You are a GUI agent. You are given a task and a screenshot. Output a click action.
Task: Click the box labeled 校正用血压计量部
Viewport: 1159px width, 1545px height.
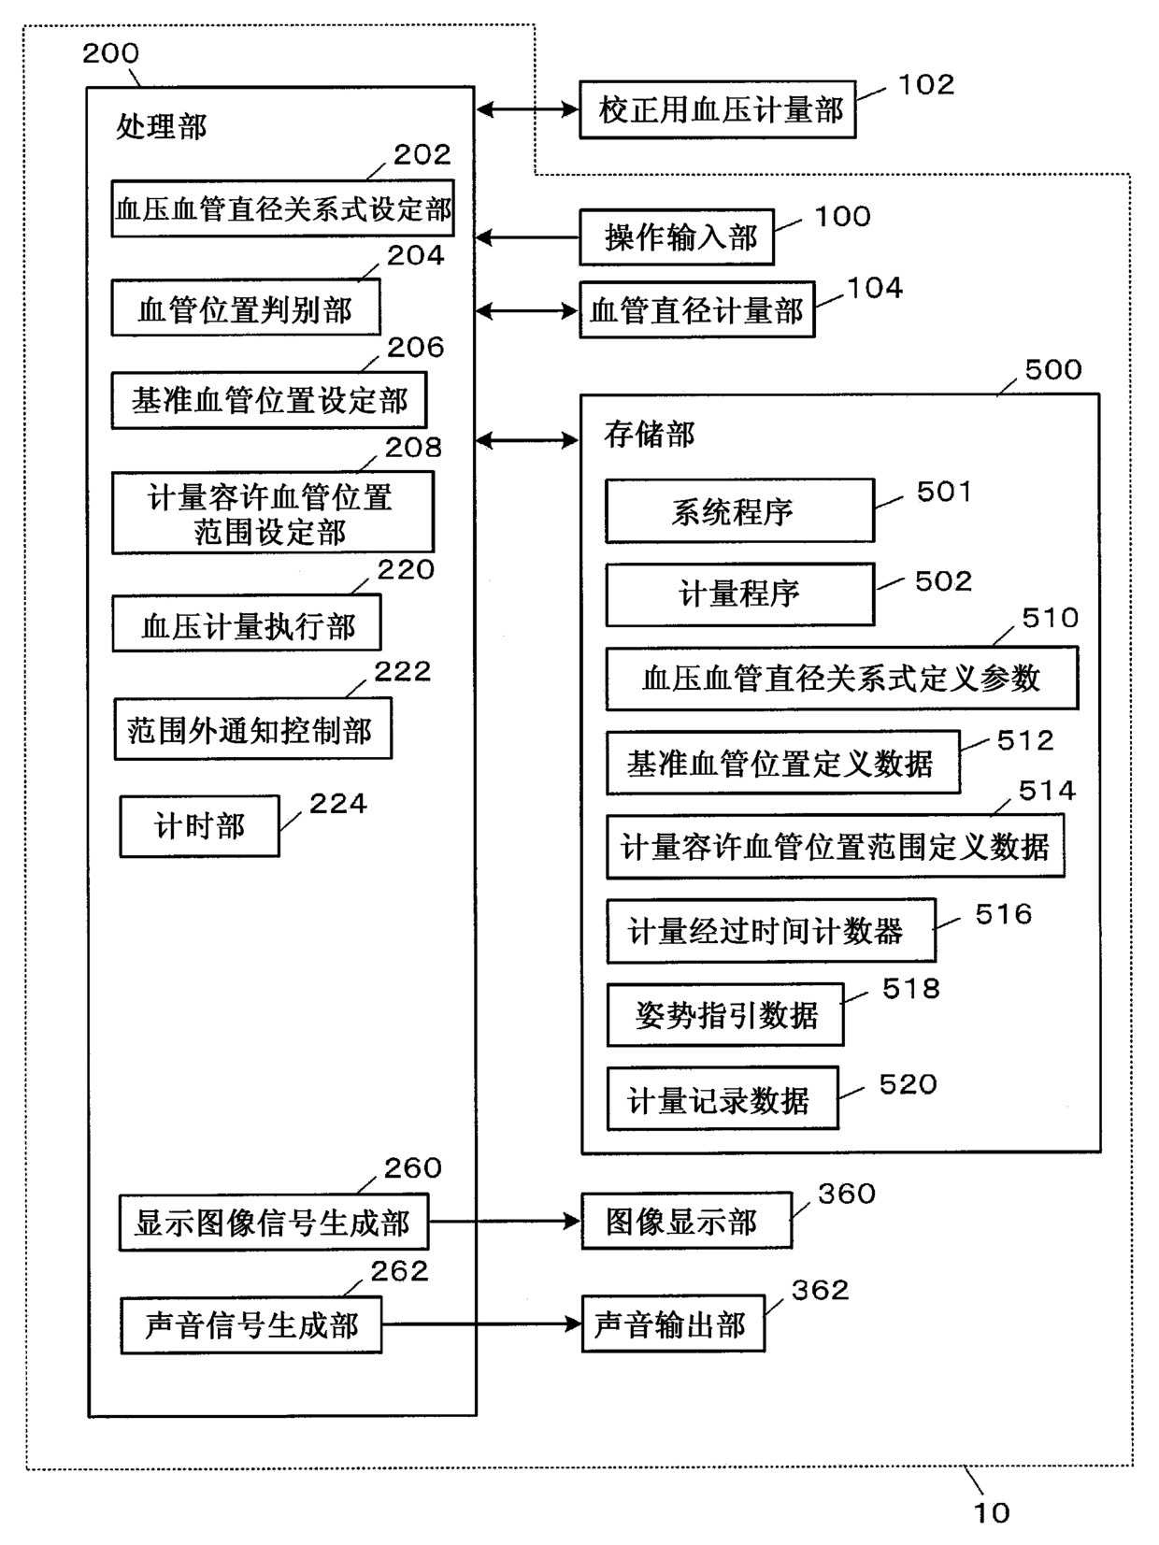[717, 109]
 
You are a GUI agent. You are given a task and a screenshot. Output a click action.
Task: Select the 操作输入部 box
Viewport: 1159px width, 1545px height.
[677, 237]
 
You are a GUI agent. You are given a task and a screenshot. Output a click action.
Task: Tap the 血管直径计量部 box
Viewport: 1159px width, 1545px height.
[696, 309]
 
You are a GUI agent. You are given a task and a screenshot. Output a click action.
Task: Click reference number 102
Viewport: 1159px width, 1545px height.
[926, 84]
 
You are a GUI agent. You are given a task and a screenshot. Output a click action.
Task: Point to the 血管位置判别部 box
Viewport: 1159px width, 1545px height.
[246, 308]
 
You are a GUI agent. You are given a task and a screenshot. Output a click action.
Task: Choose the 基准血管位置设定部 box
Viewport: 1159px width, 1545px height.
[269, 400]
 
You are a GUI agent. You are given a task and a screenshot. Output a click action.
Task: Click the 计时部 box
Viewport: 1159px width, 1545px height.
[200, 825]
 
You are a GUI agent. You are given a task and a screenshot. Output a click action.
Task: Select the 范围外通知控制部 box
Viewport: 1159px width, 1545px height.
[253, 728]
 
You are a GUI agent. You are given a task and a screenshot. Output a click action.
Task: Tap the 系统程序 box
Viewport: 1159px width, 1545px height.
[739, 511]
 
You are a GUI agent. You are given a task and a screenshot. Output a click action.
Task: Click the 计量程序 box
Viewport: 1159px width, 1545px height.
[739, 594]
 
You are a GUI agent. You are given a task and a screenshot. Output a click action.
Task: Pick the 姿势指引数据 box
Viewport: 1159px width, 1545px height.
[725, 1014]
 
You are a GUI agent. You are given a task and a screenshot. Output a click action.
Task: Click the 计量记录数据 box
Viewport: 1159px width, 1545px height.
[723, 1099]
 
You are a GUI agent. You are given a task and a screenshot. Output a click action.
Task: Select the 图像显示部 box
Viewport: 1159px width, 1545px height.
[686, 1222]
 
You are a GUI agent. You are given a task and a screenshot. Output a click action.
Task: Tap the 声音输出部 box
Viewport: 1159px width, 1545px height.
[674, 1324]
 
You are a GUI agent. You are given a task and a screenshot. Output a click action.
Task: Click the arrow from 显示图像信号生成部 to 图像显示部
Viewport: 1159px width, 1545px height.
[505, 1222]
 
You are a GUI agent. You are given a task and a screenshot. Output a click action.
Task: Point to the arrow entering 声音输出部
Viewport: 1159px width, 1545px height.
[482, 1324]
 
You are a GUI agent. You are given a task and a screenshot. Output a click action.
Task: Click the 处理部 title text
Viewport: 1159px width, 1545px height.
[161, 127]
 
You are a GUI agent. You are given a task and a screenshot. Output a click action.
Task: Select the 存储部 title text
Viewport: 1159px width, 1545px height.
[650, 435]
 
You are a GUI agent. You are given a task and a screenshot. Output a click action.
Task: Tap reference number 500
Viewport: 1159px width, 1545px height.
[1052, 369]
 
